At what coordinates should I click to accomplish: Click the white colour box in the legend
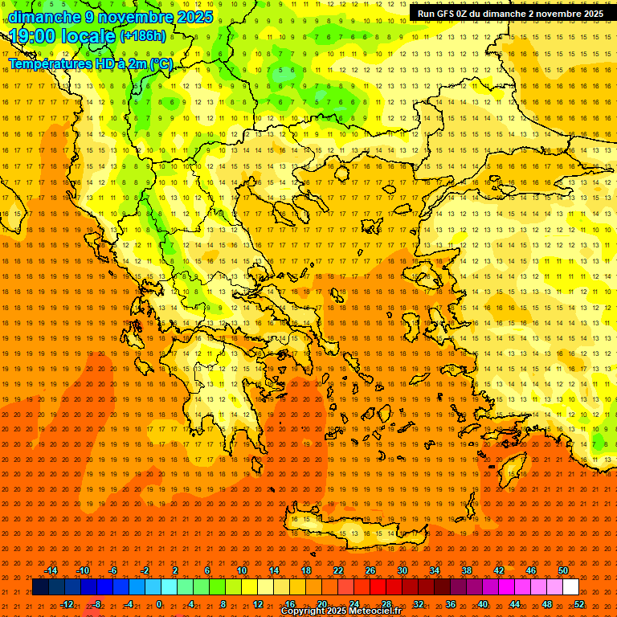(571, 587)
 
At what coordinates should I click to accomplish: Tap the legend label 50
(563, 570)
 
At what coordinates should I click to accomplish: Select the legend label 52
(579, 604)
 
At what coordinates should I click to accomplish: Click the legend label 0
(159, 604)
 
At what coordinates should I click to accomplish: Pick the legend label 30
(402, 570)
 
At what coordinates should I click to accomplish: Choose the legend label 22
(338, 570)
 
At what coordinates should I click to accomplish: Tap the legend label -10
(82, 570)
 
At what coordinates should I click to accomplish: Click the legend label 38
(467, 570)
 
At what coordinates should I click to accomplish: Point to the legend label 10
(242, 570)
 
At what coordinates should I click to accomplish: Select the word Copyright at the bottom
(304, 611)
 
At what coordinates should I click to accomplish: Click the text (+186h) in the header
(143, 36)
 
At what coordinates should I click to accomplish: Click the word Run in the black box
(427, 14)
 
